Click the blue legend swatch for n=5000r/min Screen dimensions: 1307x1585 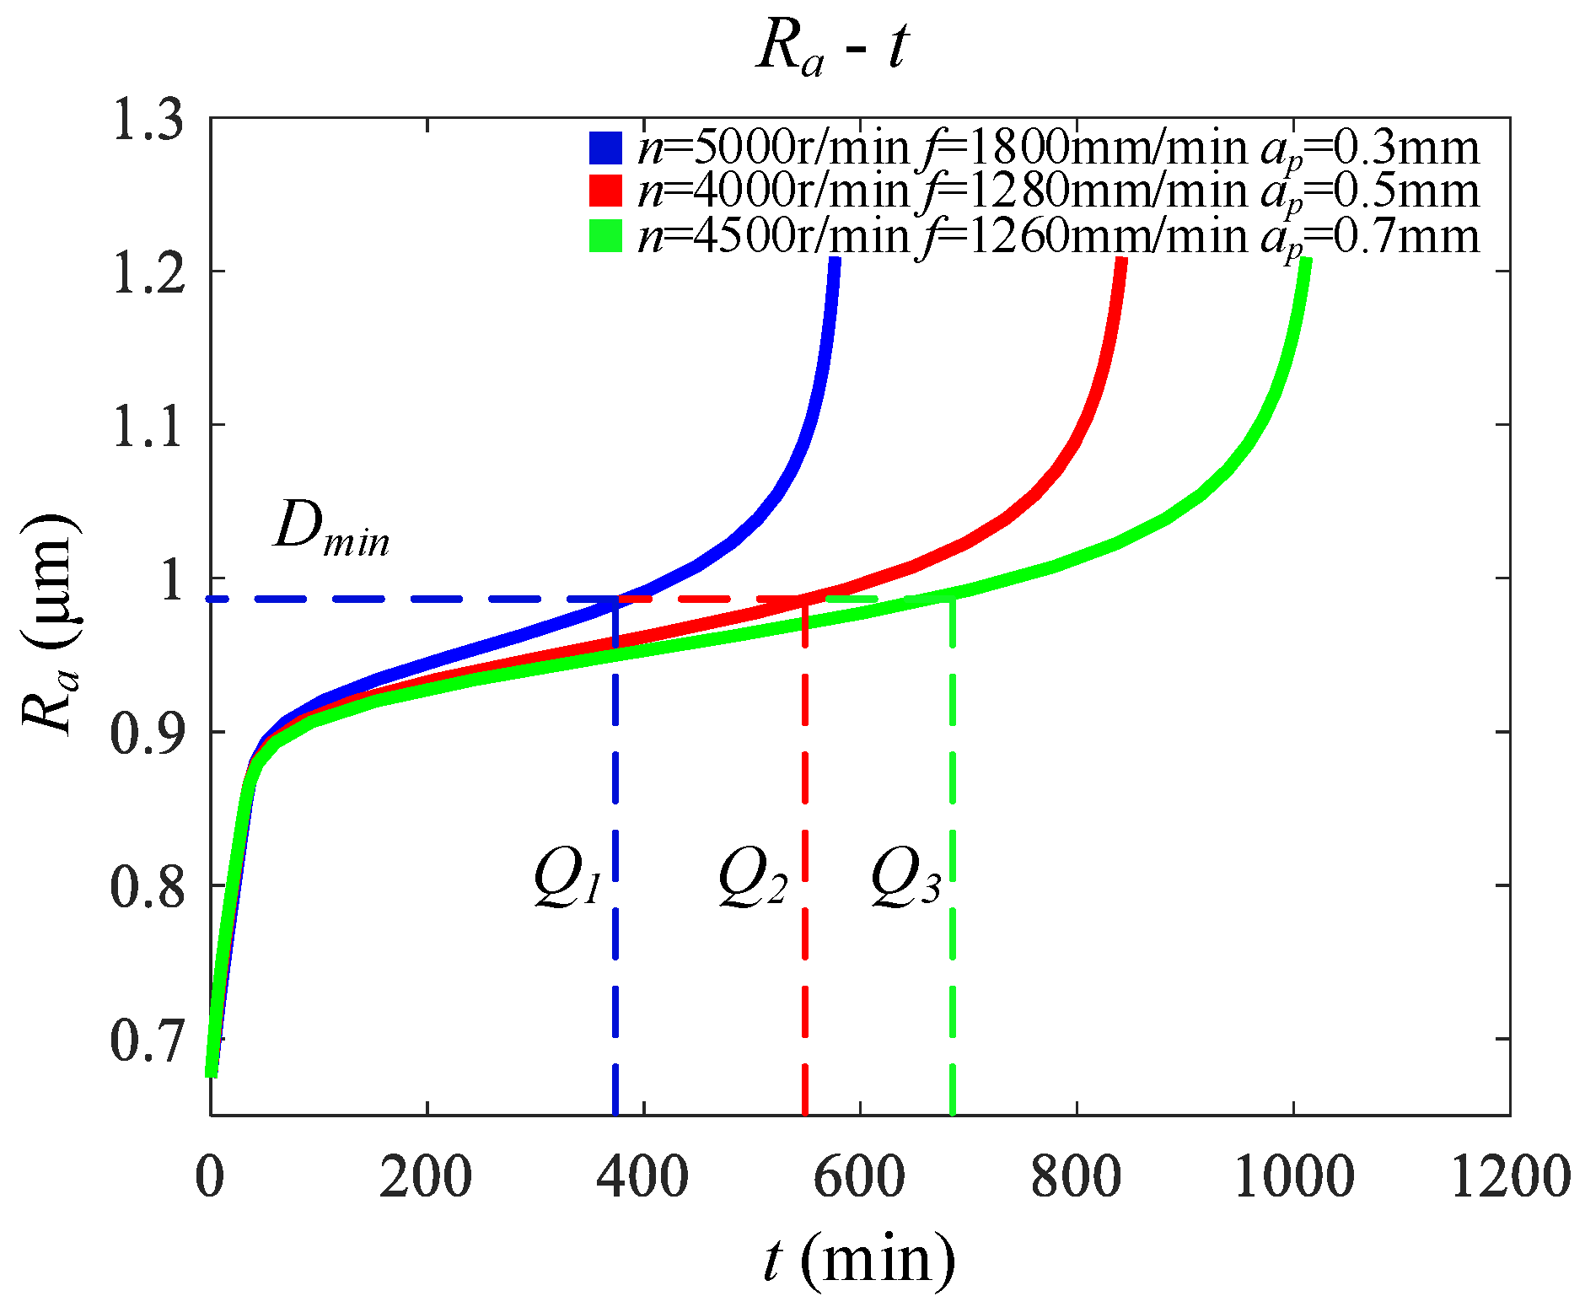[605, 148]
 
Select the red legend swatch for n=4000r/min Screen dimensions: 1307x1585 [605, 191]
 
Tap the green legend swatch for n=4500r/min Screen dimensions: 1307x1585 [605, 236]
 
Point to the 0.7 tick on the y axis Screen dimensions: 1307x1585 [148, 1040]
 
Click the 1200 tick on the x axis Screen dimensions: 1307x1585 [1509, 1175]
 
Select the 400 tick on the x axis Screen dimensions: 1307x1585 [642, 1175]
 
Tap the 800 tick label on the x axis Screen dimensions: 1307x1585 [1077, 1175]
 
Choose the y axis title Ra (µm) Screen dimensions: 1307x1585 [51, 624]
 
